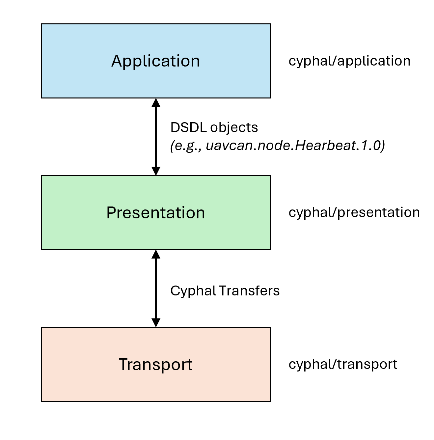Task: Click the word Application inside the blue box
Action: point(156,61)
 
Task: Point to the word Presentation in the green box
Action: point(156,213)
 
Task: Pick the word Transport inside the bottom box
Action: point(156,365)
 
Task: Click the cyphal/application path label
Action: point(349,61)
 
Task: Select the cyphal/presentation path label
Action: point(354,212)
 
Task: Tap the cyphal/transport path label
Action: point(343,364)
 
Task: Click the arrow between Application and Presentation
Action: point(156,137)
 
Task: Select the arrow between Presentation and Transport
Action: point(156,289)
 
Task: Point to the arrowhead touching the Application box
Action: point(156,103)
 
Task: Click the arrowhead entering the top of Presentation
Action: point(156,171)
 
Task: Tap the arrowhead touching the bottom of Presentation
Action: point(156,254)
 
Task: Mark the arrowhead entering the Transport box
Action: point(156,322)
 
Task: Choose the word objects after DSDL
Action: point(234,128)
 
